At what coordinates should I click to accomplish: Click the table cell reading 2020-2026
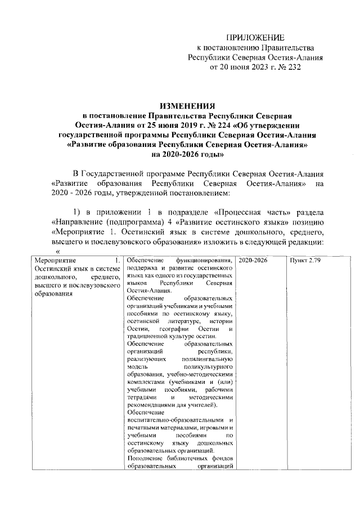(253, 261)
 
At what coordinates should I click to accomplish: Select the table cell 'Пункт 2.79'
(305, 261)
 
